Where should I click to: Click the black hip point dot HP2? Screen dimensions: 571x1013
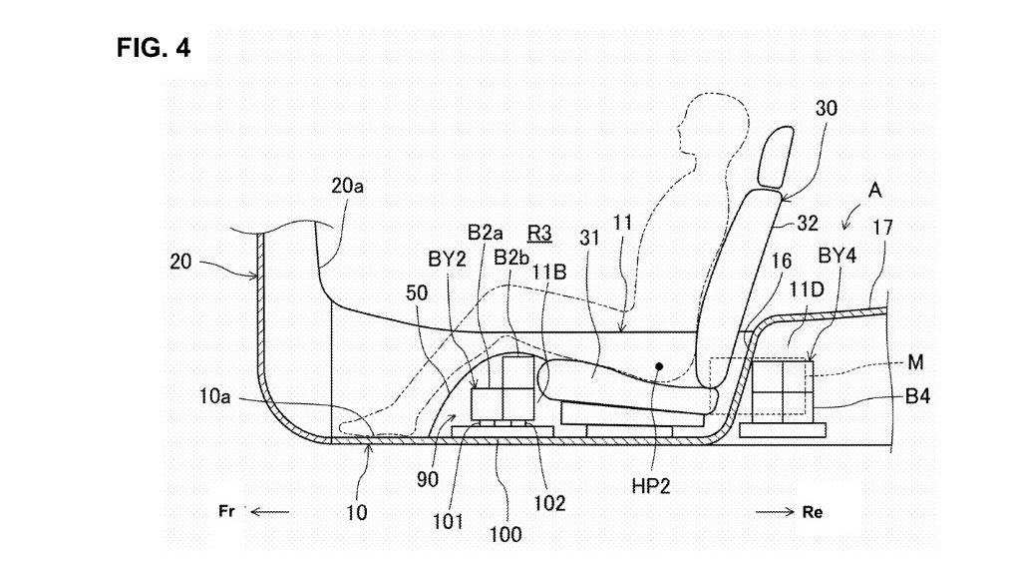[659, 367]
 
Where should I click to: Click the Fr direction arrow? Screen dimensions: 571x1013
[267, 511]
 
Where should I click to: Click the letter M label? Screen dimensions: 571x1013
[929, 362]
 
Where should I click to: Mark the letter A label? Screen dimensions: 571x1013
[872, 188]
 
